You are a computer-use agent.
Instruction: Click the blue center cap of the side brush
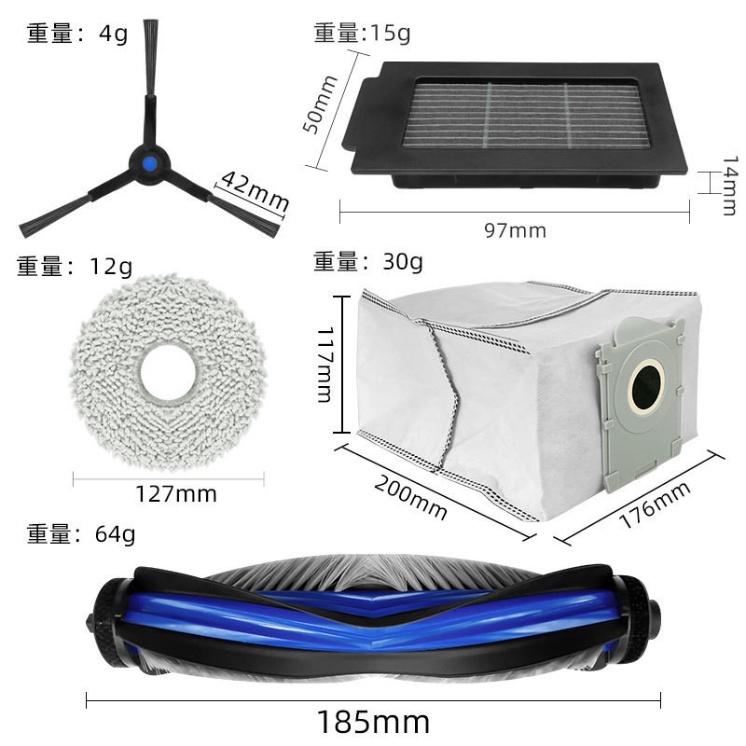tap(150, 165)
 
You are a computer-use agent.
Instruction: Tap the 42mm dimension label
tap(255, 191)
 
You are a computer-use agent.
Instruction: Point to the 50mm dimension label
tap(319, 104)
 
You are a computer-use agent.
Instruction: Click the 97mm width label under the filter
tap(516, 230)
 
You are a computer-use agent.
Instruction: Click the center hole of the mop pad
tap(168, 372)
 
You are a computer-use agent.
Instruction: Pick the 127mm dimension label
tap(176, 494)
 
